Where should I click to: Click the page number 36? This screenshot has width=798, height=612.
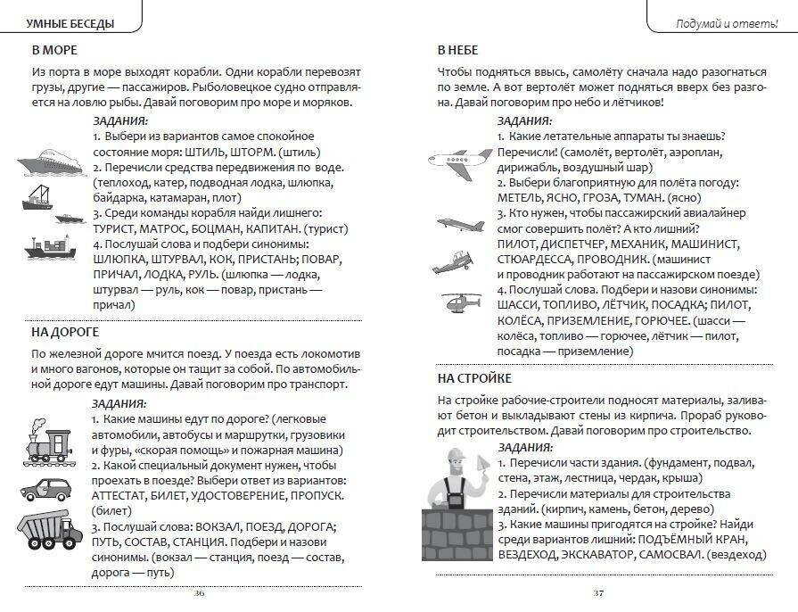[x=198, y=593]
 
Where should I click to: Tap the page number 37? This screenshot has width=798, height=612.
[x=598, y=593]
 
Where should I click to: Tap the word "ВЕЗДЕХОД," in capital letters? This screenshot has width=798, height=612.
[x=471, y=554]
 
